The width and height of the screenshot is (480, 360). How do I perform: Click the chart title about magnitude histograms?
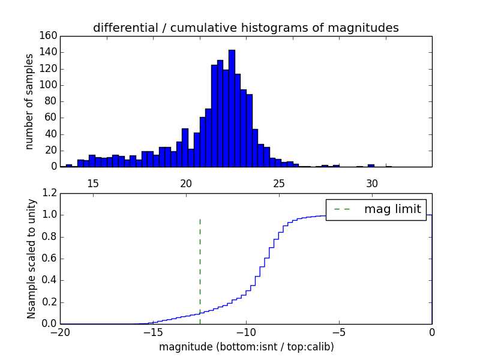[x=245, y=28]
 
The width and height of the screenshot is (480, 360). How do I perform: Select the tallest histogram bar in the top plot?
[x=232, y=108]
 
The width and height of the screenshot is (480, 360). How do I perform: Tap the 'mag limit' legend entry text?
[x=392, y=209]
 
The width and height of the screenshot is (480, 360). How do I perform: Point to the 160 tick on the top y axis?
[x=50, y=36]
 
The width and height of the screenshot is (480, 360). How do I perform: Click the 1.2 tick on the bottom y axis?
[x=50, y=193]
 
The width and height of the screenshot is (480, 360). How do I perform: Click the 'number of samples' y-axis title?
[x=29, y=101]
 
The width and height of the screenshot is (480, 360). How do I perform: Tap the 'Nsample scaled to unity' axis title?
[x=31, y=259]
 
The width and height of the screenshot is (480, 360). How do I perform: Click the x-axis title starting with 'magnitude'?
[x=246, y=347]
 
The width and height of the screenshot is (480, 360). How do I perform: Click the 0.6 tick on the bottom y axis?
[x=50, y=259]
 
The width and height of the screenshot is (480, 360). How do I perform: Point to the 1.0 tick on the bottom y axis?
[x=50, y=215]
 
